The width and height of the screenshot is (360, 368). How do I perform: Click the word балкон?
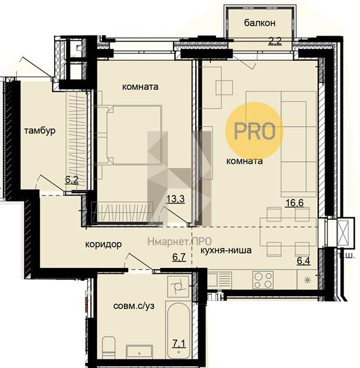click(259, 23)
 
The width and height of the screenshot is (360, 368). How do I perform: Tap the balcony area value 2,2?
click(275, 41)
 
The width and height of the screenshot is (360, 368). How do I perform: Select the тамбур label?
click(40, 131)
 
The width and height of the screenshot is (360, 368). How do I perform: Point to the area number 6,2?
click(72, 180)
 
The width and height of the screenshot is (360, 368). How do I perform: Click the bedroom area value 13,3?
click(175, 199)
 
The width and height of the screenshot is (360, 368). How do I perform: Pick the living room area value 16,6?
click(294, 202)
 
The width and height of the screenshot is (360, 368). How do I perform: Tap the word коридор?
click(103, 244)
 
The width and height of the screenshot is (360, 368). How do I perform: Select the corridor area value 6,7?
click(179, 257)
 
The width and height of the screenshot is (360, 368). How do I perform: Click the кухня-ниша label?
click(226, 250)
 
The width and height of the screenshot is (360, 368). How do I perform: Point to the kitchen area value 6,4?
click(304, 261)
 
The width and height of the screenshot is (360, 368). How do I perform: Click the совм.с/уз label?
click(134, 306)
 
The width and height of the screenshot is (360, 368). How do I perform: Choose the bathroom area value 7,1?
click(179, 344)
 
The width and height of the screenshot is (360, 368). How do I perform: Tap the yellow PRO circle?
click(255, 131)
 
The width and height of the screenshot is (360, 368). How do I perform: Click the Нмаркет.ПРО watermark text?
click(180, 241)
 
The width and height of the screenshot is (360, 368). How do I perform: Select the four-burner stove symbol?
click(263, 280)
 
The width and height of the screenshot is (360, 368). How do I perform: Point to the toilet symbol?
click(109, 348)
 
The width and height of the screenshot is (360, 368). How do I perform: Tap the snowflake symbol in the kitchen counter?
click(307, 280)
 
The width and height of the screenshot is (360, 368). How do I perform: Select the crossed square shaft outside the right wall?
click(345, 232)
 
